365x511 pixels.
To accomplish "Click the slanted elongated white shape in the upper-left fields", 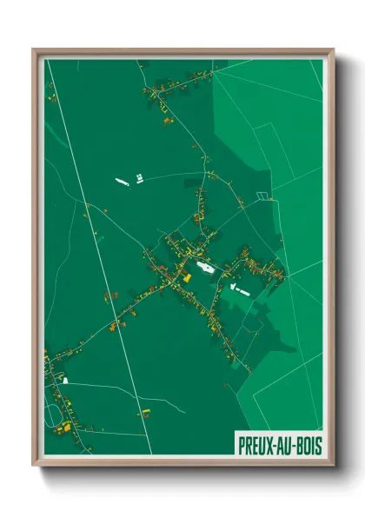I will coord(122,181).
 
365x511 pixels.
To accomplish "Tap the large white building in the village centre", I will coord(205,269).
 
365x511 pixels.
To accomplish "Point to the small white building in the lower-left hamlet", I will coord(64,380).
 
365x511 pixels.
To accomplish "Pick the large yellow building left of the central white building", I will coord(186,277).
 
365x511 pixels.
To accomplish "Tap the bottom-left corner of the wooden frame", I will coord(36,463).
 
